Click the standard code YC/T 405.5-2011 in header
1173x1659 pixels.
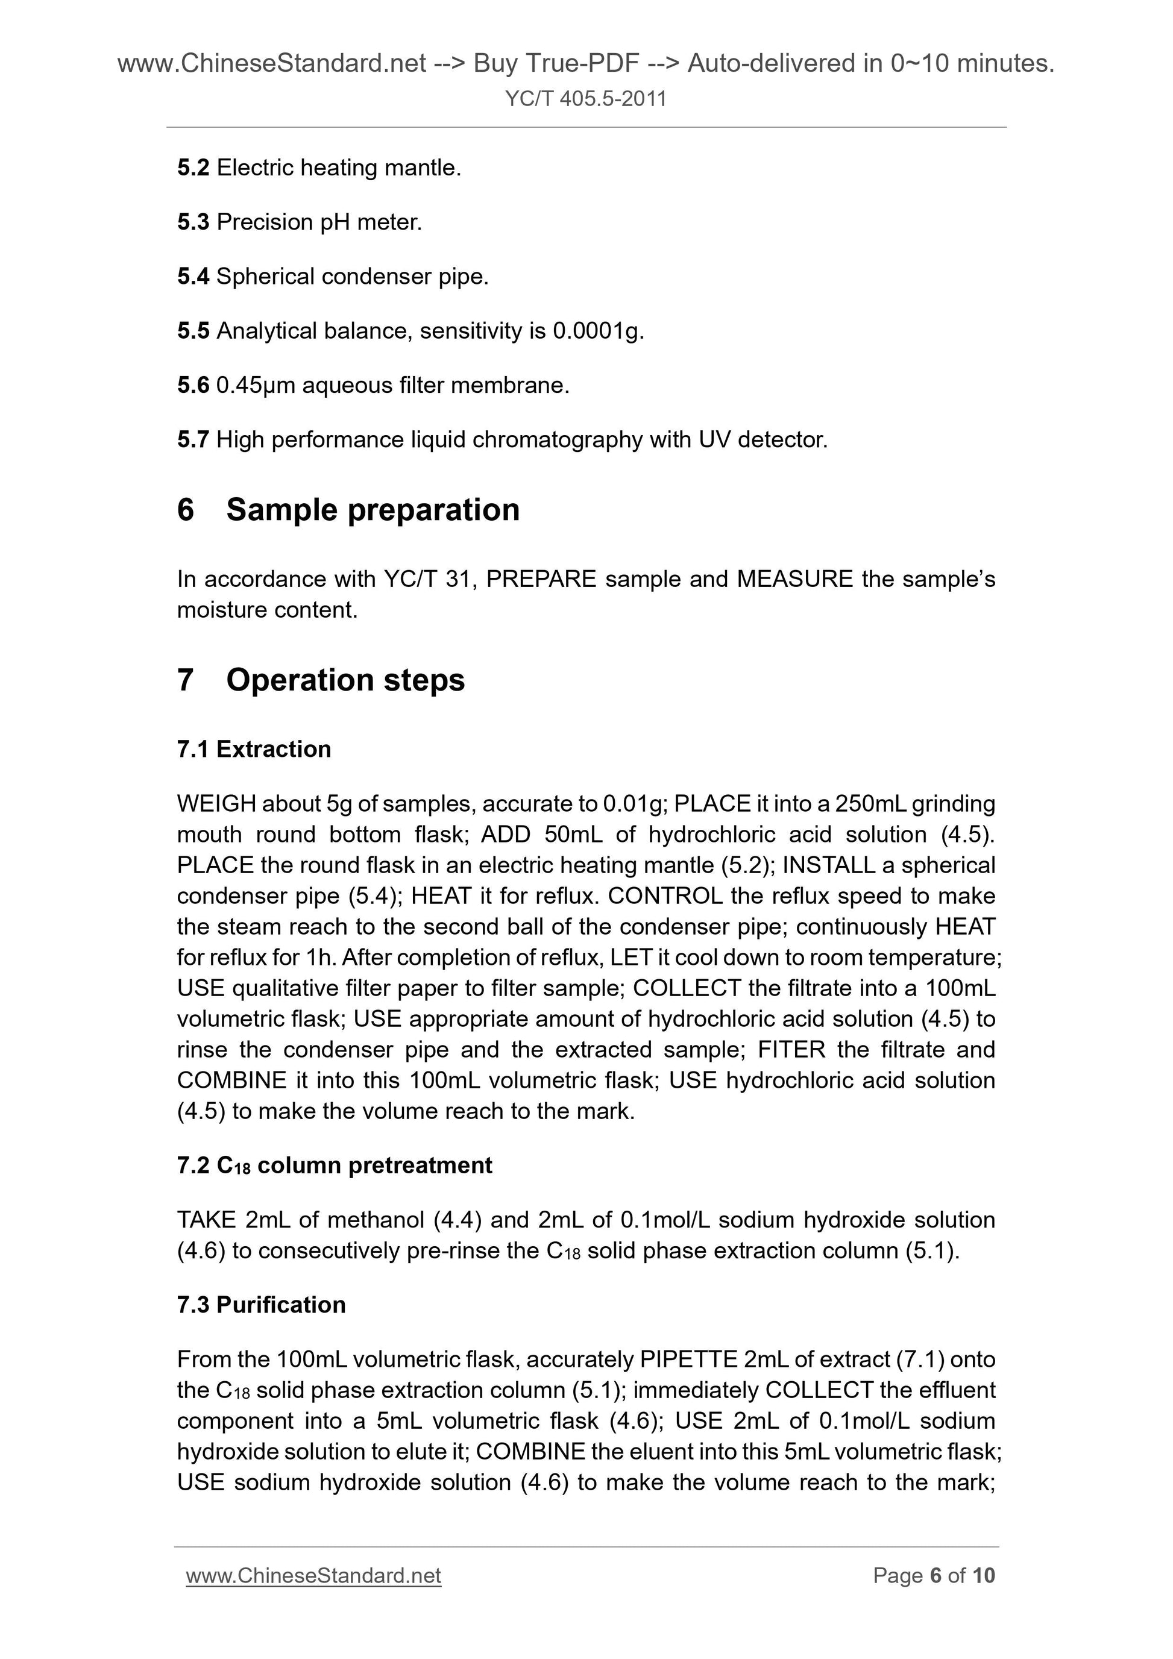[585, 98]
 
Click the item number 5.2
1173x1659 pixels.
[193, 168]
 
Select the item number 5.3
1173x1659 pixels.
[193, 222]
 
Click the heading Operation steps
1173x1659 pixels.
[345, 680]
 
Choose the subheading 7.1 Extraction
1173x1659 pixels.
[254, 749]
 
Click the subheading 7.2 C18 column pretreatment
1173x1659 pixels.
[334, 1165]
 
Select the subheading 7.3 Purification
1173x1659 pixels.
[261, 1304]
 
